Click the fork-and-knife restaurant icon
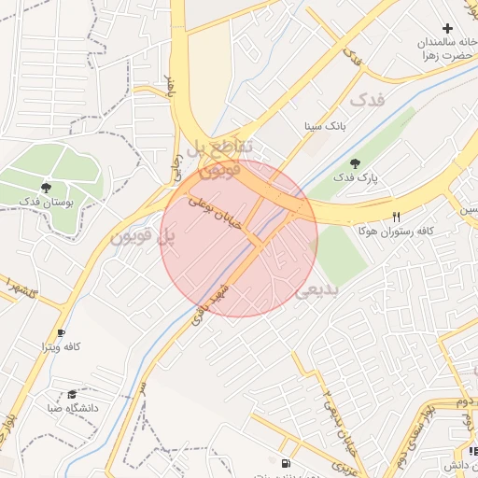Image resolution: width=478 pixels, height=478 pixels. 397,216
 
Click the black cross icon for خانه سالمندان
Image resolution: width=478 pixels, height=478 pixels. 447,30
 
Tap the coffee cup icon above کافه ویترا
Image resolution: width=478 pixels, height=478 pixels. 61,332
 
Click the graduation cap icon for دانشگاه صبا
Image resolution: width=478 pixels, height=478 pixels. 72,394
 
